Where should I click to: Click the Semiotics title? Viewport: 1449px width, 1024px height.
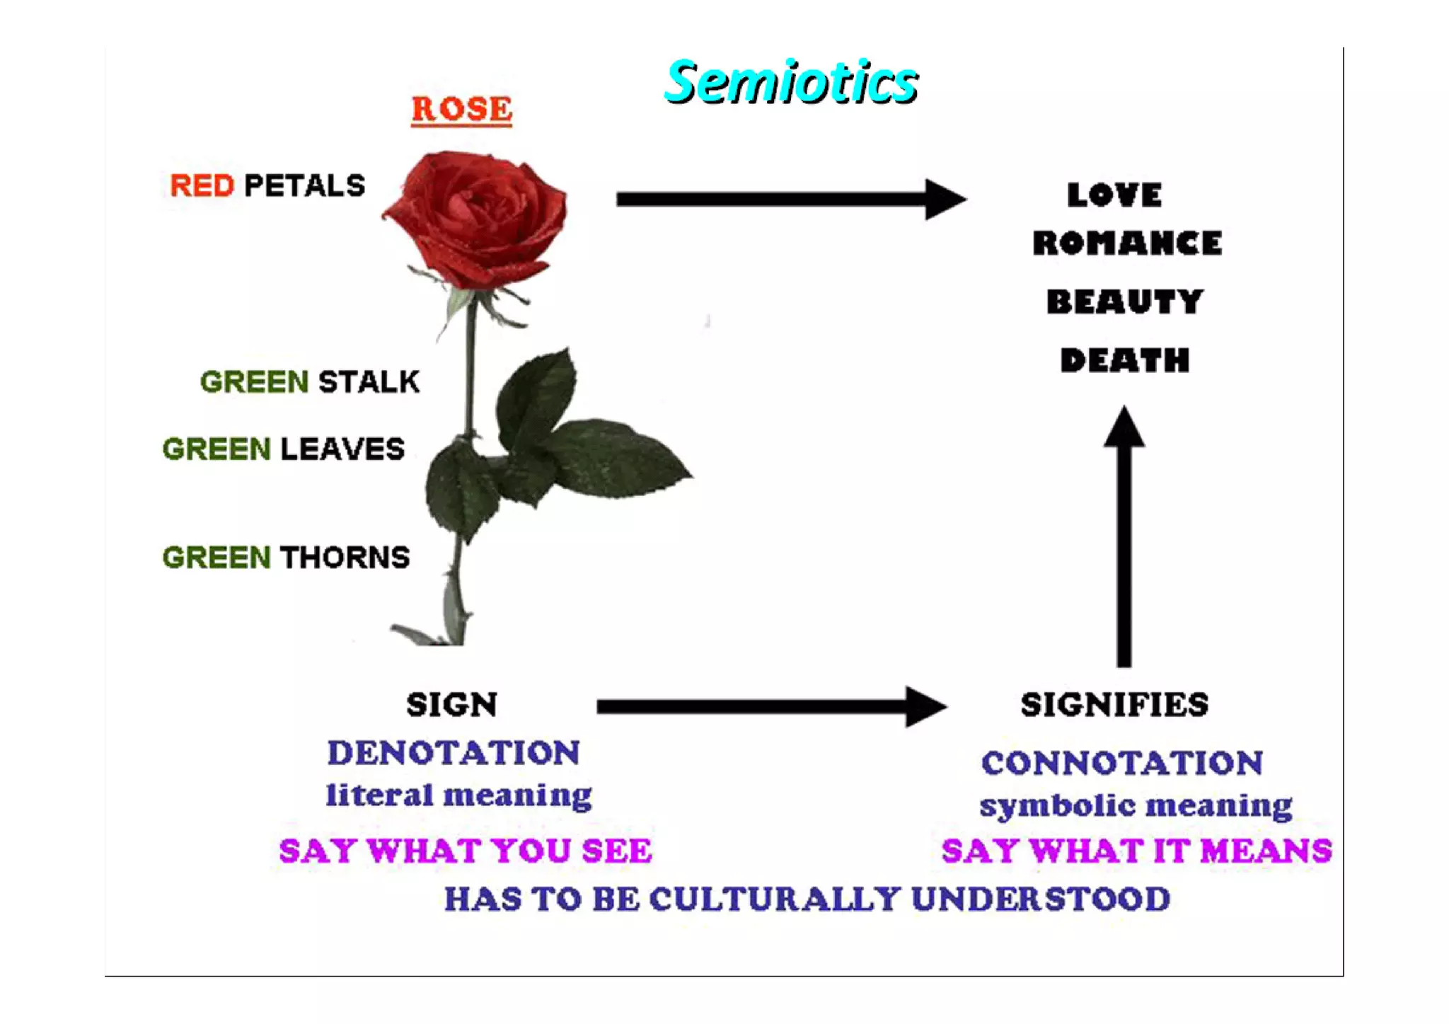791,82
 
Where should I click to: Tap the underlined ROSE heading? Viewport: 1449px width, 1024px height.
461,110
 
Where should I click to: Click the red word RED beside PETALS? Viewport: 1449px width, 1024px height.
202,186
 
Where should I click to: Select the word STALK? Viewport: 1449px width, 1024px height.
369,382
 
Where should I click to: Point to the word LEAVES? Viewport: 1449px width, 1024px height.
342,449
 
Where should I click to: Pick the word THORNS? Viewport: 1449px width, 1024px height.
345,558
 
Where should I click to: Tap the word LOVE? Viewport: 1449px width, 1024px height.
1114,195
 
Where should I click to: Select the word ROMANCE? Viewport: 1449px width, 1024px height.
1127,243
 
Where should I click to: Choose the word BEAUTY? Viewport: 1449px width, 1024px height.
1124,302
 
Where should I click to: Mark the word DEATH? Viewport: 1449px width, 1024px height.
1124,361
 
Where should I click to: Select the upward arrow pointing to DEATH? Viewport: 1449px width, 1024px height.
1124,538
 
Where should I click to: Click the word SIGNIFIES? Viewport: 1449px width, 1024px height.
1114,705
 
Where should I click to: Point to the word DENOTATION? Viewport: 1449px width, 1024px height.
454,752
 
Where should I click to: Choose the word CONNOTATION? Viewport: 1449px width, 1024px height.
1121,763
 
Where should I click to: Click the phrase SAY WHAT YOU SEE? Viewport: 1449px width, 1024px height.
465,851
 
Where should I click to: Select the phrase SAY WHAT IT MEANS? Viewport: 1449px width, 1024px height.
1136,851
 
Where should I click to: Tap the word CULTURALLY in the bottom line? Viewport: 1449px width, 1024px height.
775,899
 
